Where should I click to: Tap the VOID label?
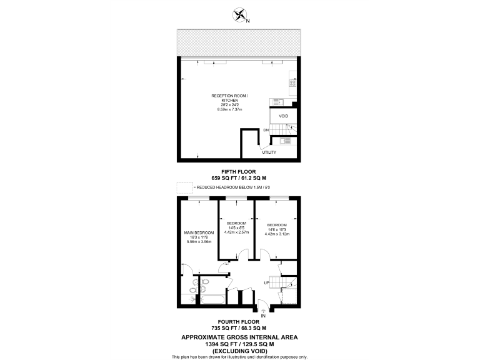click(283, 116)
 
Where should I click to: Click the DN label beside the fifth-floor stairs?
click(266, 130)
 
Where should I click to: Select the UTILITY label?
click(269, 152)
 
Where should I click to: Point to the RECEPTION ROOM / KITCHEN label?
click(229, 98)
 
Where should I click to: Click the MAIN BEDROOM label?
click(200, 232)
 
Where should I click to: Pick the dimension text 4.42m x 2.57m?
click(236, 232)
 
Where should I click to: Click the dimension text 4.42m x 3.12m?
click(277, 234)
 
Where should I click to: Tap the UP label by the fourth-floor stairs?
click(267, 282)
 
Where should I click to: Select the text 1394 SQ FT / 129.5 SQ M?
click(239, 344)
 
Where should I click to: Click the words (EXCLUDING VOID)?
click(239, 351)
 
